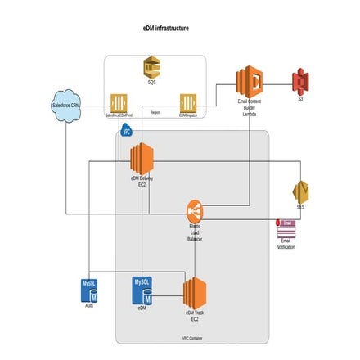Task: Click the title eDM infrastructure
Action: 165,28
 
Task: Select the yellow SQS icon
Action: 151,66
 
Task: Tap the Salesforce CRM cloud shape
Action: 65,105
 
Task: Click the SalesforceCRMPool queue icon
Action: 119,103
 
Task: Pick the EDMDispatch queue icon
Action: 188,103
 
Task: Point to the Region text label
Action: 155,112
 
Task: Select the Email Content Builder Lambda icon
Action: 249,82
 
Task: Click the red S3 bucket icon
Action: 300,81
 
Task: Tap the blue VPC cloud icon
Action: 126,130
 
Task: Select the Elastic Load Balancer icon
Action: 195,210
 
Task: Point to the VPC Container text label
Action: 191,338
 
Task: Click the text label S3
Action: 300,98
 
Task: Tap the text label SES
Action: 300,207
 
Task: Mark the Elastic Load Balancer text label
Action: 195,232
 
